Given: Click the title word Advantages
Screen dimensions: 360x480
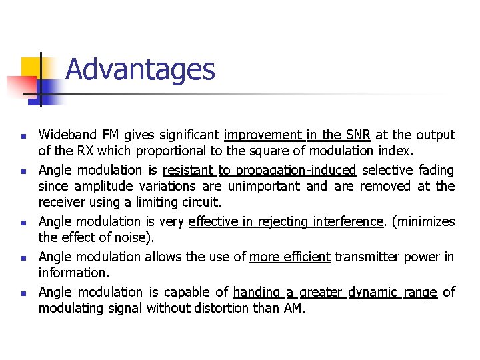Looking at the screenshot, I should click(140, 69).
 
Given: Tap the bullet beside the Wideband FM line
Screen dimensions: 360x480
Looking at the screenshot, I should click(23, 136).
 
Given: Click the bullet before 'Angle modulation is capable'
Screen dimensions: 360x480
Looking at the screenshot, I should click(23, 293).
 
